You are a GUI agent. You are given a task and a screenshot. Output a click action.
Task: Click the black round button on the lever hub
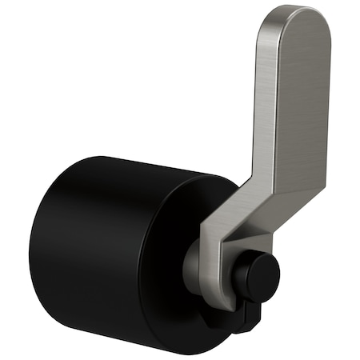point(258,277)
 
